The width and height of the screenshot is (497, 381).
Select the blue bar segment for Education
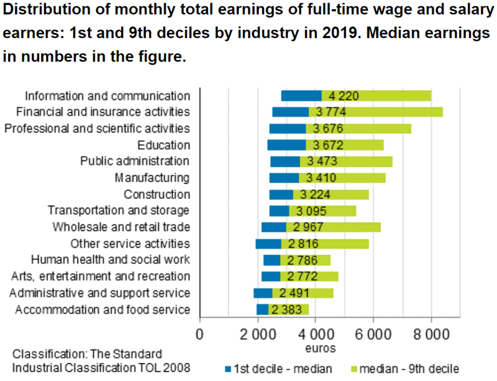[286, 145]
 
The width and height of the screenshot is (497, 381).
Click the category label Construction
[157, 194]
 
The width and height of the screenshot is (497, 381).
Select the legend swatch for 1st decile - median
[227, 369]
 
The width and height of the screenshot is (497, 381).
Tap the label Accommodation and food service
[103, 310]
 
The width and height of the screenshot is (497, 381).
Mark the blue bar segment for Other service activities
[268, 243]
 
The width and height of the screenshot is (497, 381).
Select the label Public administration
[135, 161]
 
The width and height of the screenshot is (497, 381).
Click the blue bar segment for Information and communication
[301, 96]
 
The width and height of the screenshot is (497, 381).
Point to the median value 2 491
[292, 293]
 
